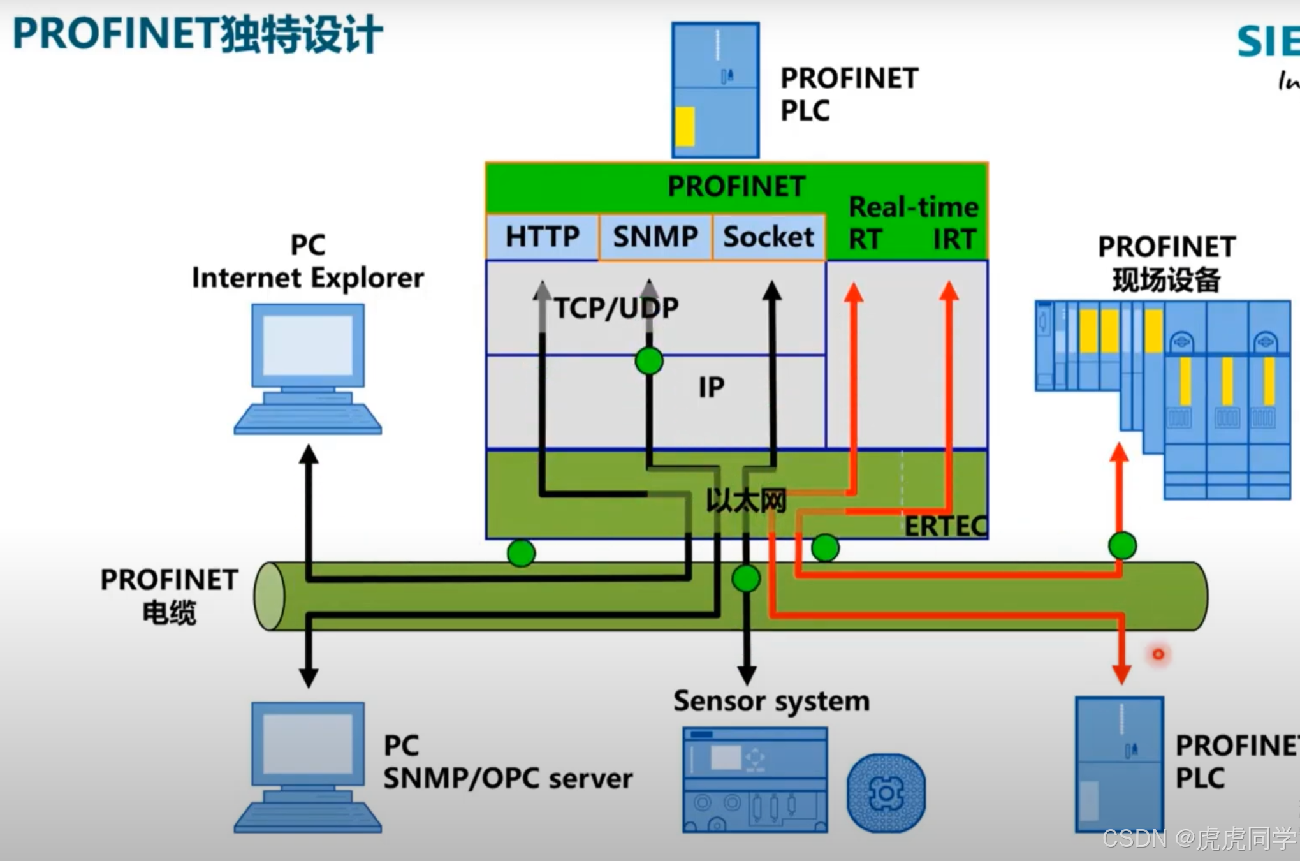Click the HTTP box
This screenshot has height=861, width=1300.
(542, 237)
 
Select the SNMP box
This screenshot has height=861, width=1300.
(655, 237)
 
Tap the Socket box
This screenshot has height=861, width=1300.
(768, 237)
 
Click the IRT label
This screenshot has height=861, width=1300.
(954, 240)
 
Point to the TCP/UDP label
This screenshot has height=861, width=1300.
(616, 309)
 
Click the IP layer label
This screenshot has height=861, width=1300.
(711, 387)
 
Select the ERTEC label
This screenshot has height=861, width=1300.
(946, 526)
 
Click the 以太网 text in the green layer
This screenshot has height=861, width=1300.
(746, 501)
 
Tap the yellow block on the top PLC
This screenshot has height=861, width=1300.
(685, 126)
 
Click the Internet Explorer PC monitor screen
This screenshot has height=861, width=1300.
(308, 345)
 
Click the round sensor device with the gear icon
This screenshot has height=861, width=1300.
(886, 793)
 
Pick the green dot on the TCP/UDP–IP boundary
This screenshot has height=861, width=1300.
(649, 361)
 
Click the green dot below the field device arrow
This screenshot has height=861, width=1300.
(1122, 545)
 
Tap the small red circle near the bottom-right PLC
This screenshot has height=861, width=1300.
(1158, 654)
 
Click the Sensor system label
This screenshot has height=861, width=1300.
(771, 701)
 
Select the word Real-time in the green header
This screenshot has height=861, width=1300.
(913, 207)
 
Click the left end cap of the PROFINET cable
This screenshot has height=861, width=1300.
(269, 596)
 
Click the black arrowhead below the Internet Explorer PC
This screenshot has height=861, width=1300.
(309, 455)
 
